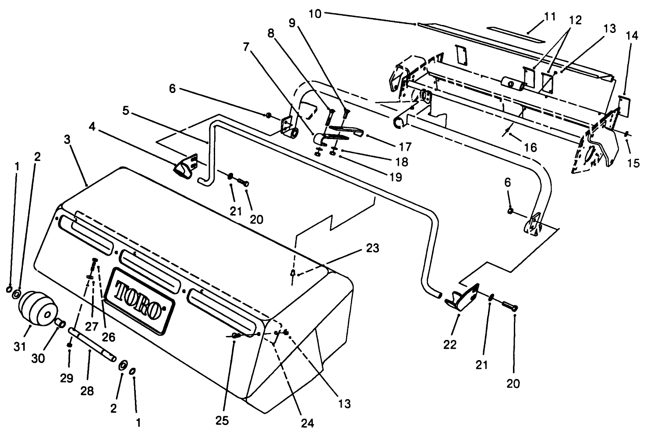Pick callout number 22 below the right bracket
(x=450, y=345)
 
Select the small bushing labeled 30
(x=60, y=324)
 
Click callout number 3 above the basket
(x=67, y=140)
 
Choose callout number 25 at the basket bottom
(x=223, y=421)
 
